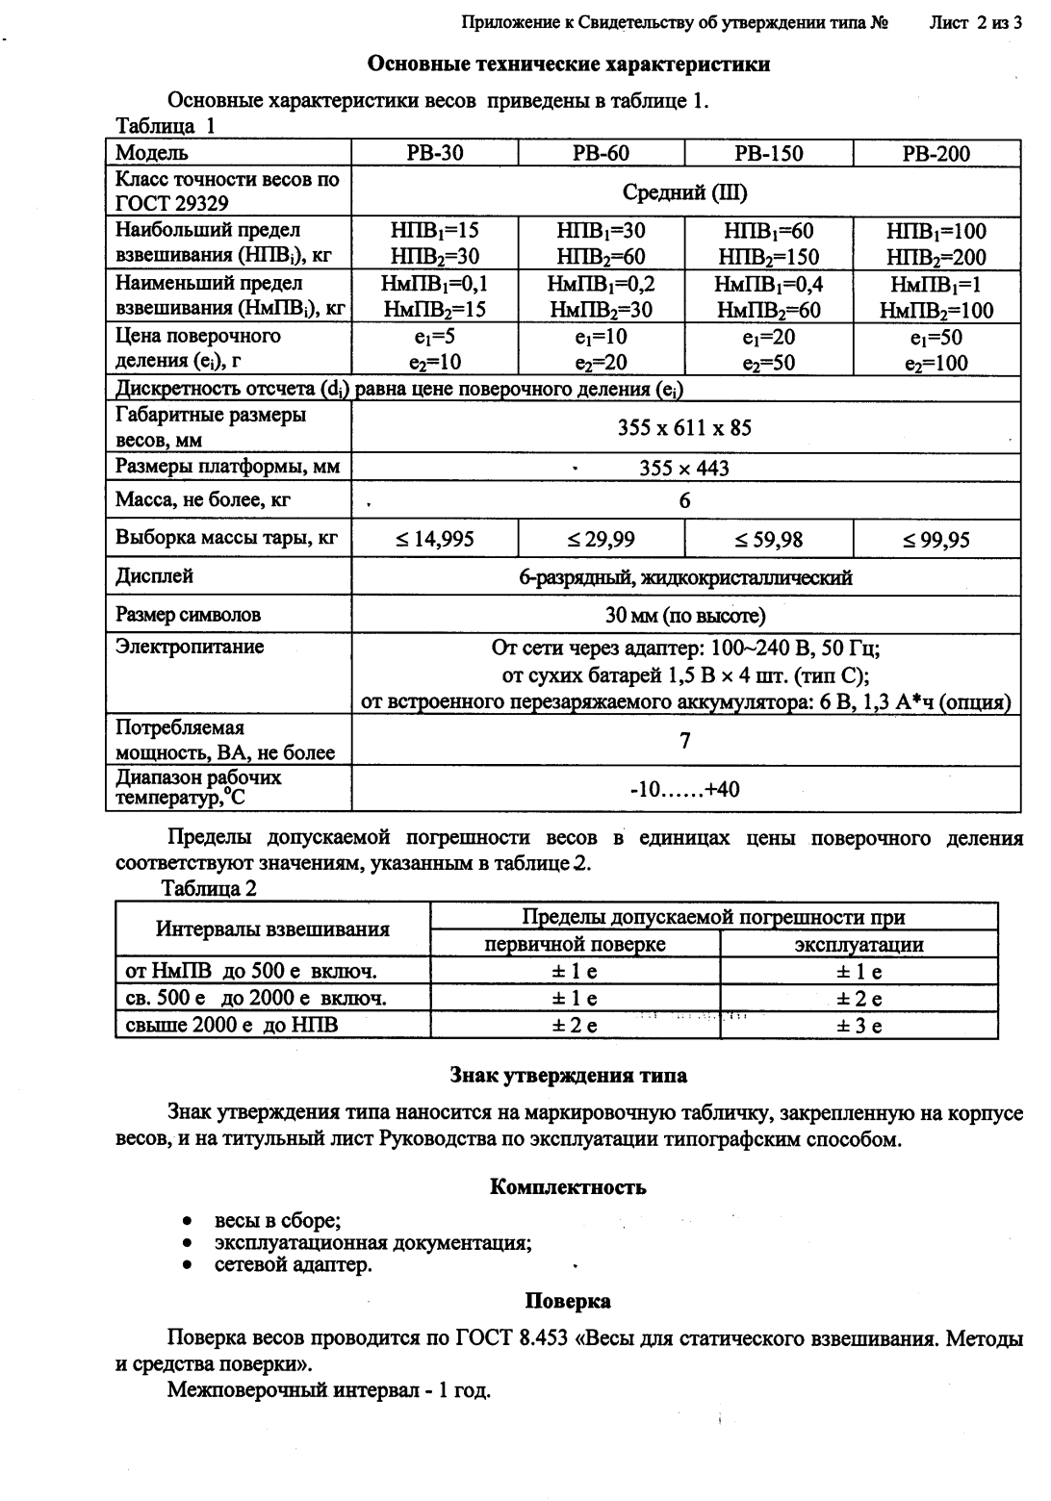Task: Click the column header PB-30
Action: [434, 153]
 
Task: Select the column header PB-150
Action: [768, 153]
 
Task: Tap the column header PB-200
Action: [936, 153]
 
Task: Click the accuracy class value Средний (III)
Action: [684, 191]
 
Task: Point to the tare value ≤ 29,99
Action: [601, 539]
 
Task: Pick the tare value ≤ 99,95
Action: [936, 539]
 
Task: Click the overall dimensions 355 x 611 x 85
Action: [684, 427]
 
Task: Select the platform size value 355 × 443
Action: [684, 468]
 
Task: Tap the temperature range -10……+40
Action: [684, 789]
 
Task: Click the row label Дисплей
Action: [154, 575]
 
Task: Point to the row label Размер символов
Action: [188, 614]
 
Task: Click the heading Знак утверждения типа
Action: [568, 1075]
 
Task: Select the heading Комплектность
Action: [568, 1186]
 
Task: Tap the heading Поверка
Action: [568, 1301]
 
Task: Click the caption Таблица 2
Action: [209, 888]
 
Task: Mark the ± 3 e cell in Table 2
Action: [859, 1026]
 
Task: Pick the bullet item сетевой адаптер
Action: [293, 1264]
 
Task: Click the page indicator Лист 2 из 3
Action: [975, 22]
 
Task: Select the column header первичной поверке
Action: [575, 944]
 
